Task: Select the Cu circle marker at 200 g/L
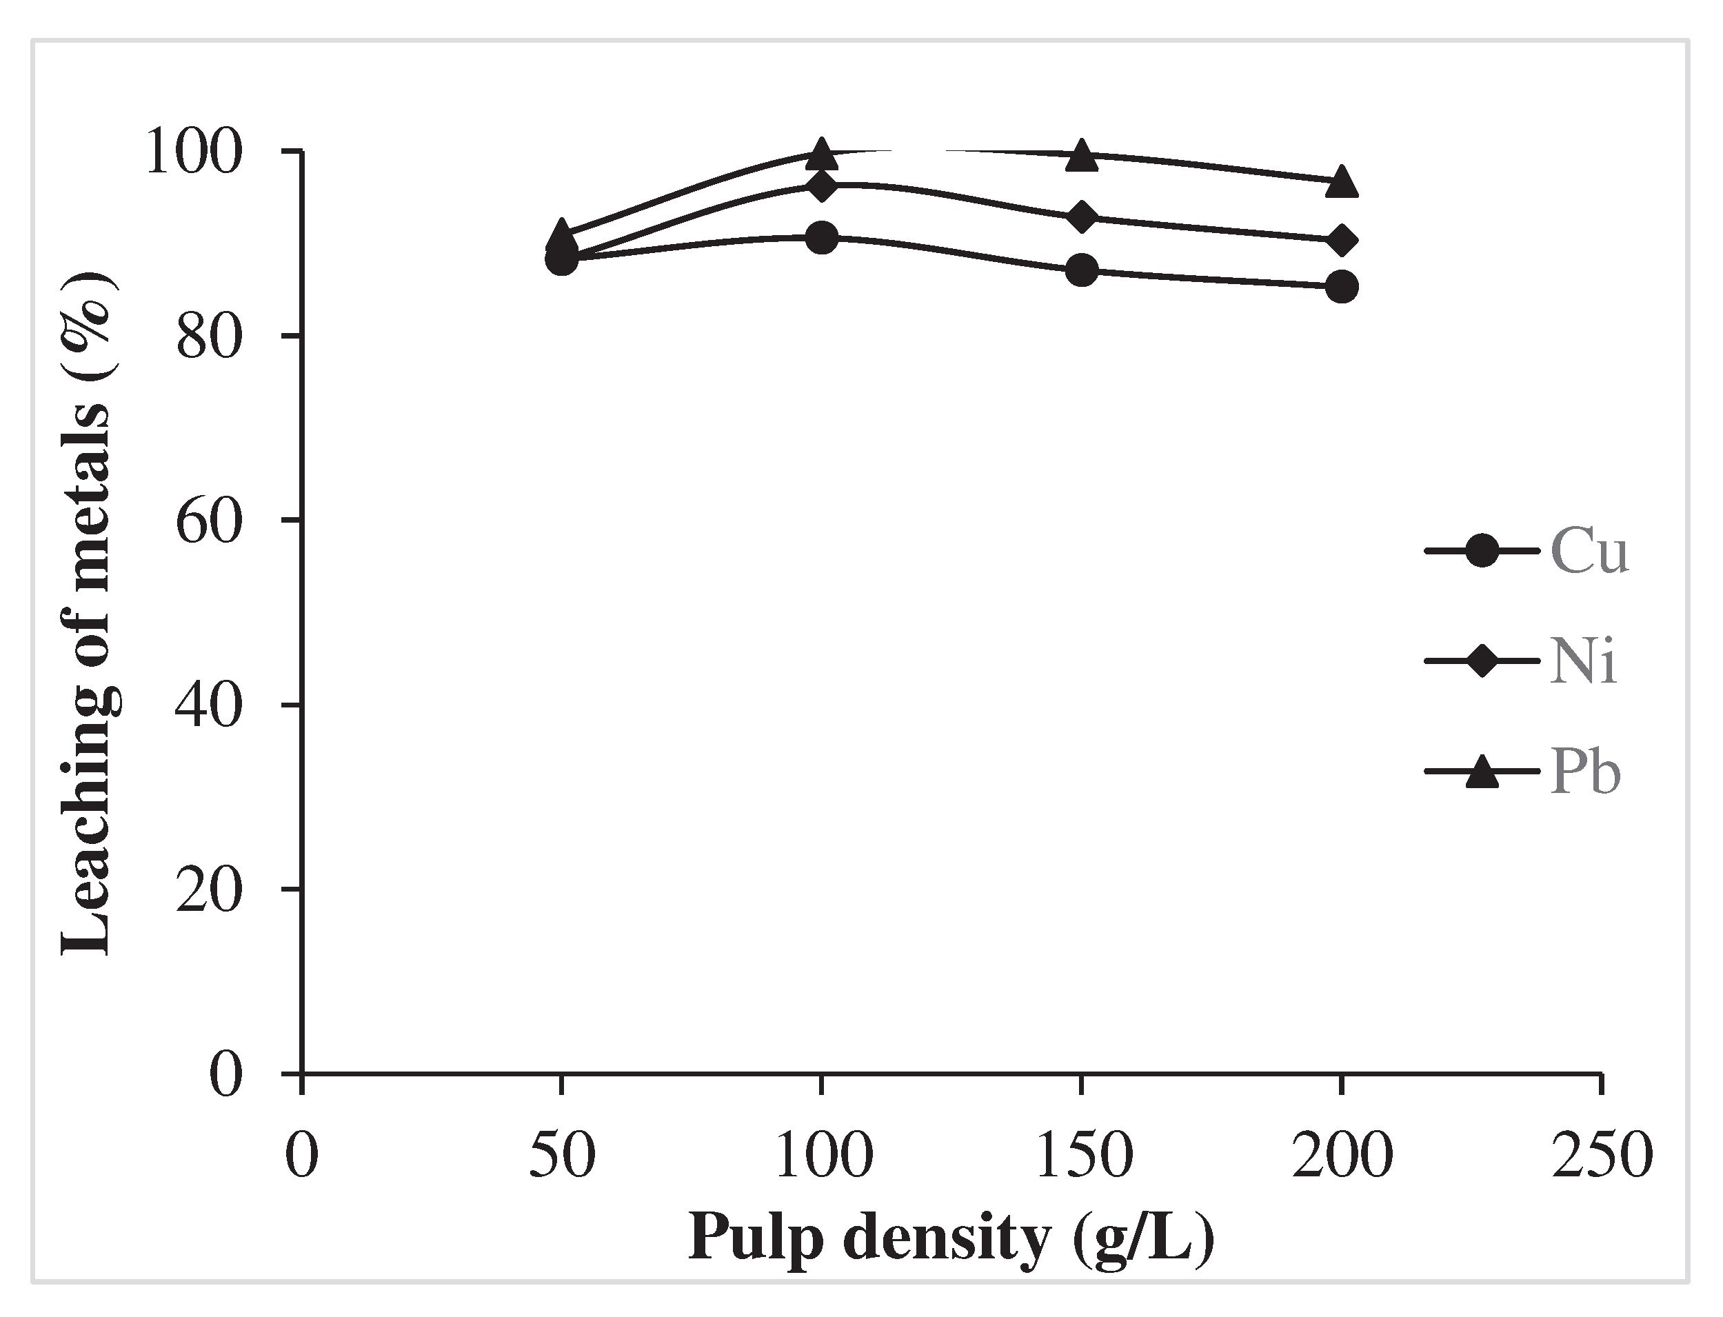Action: tap(1341, 287)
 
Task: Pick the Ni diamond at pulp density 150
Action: tap(1082, 217)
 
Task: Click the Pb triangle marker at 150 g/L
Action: tap(1082, 155)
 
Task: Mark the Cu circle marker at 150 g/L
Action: tap(1082, 270)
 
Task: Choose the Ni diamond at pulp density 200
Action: tap(1341, 241)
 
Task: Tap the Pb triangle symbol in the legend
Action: tap(1481, 772)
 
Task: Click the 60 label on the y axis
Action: tap(206, 521)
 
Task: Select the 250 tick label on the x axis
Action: tap(1602, 1156)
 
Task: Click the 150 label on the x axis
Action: tap(1083, 1156)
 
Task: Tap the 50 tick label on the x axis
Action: tap(562, 1156)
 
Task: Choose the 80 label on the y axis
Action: tap(206, 337)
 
